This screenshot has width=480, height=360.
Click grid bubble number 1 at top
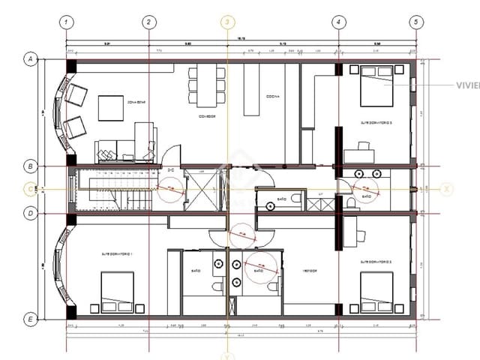(67, 22)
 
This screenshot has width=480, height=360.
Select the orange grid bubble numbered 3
(226, 22)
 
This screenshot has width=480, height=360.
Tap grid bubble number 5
(415, 22)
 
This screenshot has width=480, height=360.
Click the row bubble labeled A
(31, 58)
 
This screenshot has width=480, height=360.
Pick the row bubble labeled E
(31, 319)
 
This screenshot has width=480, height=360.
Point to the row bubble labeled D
(31, 213)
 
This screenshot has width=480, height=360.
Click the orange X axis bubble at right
(447, 189)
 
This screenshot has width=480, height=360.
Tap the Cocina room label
(273, 97)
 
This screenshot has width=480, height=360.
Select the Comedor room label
(207, 117)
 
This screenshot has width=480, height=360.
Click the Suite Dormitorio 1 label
(118, 255)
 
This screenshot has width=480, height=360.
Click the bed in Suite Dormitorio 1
(117, 292)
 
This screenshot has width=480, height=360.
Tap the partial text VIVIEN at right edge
(467, 85)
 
